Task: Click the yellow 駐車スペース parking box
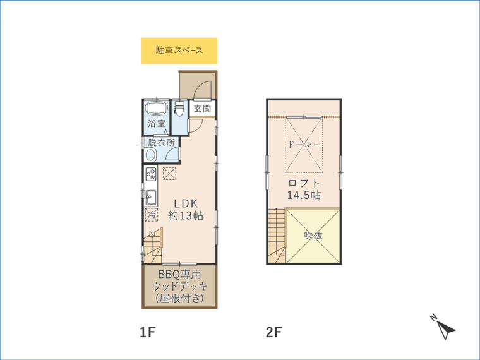point(179,51)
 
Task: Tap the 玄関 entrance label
point(202,109)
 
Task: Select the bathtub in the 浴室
point(157,108)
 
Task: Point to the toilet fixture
point(179,109)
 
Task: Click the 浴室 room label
point(157,124)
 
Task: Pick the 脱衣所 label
point(161,142)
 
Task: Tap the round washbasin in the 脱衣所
point(151,155)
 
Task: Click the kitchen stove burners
point(151,174)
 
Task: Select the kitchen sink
point(151,198)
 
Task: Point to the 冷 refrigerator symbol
point(151,215)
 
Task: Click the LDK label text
point(186,203)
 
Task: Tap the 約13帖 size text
point(186,216)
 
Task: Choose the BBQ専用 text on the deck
point(179,273)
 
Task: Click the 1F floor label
point(148,332)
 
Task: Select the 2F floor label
point(274,332)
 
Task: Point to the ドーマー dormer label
point(304,145)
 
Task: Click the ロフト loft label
point(304,183)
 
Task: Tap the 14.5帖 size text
point(304,195)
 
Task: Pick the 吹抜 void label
point(313,236)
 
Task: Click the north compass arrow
point(446,330)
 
